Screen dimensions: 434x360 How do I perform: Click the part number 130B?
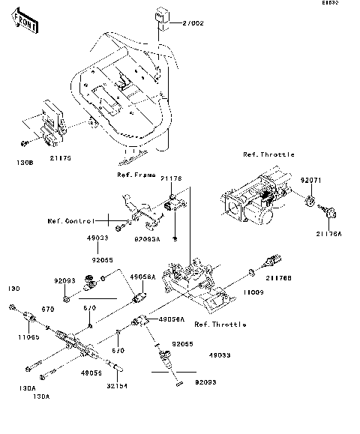[x=24, y=160]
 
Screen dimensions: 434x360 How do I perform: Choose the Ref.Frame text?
[x=136, y=175]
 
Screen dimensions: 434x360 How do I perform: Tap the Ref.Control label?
[x=70, y=221]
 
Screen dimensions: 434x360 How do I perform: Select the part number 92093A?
[x=146, y=238]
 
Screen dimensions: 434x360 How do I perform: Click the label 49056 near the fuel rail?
[x=91, y=372]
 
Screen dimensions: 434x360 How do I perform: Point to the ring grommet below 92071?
[x=309, y=201]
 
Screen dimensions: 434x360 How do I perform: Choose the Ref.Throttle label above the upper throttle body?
[x=268, y=154]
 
